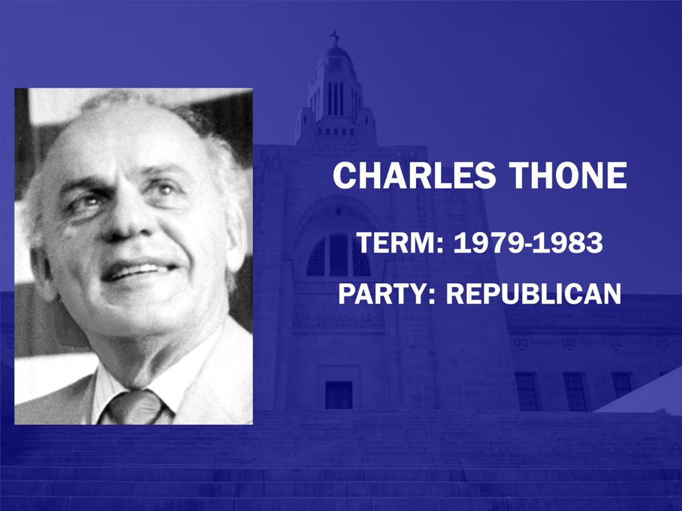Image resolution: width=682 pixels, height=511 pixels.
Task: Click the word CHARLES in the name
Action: pos(414,175)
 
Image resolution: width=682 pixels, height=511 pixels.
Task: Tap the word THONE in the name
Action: pos(568,175)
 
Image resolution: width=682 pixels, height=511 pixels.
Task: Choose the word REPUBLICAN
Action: pos(534,293)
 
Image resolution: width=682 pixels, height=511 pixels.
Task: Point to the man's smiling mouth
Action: pos(138,271)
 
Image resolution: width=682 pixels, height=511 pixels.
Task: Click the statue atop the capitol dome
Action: pos(335,39)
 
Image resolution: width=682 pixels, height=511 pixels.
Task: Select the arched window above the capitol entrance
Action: pos(338,255)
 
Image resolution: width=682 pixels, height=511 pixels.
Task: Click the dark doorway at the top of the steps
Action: pos(339,395)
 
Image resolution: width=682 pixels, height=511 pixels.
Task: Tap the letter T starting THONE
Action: pos(520,175)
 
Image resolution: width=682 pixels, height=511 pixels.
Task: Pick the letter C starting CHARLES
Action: pos(345,175)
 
